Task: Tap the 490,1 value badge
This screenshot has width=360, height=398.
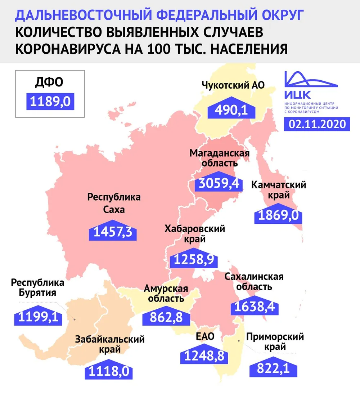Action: click(x=231, y=110)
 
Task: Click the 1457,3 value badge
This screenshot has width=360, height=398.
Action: click(x=113, y=233)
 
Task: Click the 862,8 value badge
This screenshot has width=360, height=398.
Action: click(x=166, y=318)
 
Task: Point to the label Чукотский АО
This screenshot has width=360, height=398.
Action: click(x=233, y=85)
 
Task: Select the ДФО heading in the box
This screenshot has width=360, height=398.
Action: click(x=49, y=82)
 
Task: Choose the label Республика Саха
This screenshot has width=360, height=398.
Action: click(x=114, y=203)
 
